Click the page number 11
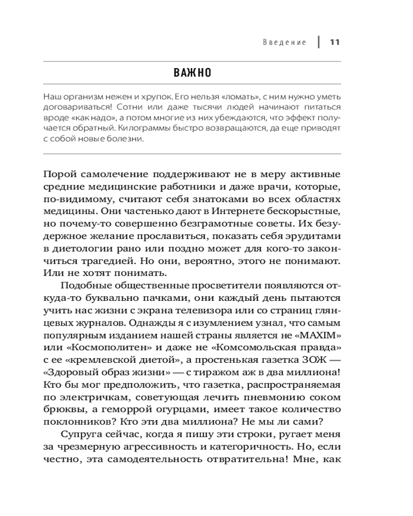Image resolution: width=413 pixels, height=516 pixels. click(x=334, y=42)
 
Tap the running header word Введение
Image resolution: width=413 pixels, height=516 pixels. click(x=284, y=42)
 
